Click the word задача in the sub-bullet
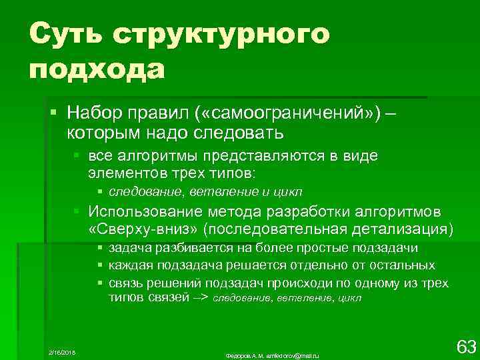coord(129,248)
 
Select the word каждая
coord(131,265)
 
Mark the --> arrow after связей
coord(201,298)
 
